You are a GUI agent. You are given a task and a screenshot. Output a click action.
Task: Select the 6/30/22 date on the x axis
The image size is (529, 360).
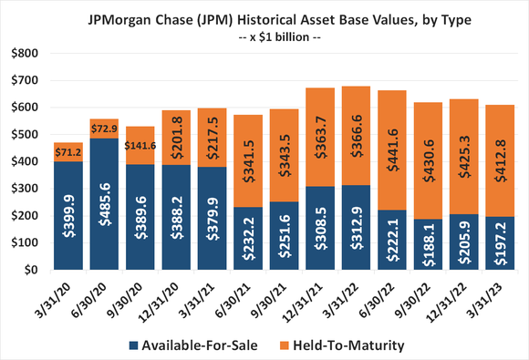(x=373, y=294)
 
